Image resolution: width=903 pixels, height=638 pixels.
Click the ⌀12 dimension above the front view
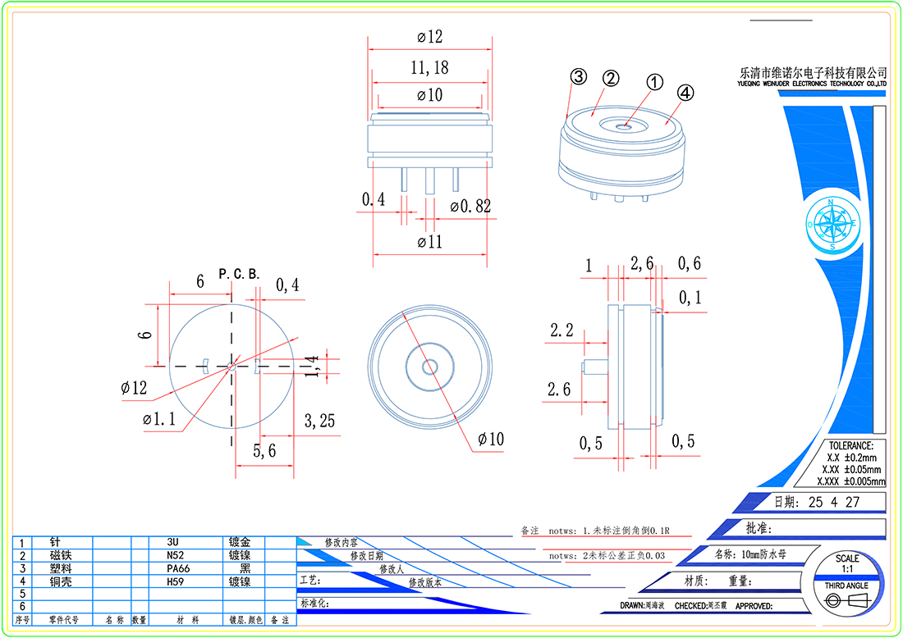(x=429, y=37)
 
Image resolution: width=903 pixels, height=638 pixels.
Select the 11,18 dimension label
(x=429, y=67)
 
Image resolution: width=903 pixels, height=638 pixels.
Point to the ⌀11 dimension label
(x=429, y=242)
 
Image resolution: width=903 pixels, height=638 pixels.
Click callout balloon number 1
(x=654, y=82)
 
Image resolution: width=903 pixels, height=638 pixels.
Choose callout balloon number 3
(x=578, y=77)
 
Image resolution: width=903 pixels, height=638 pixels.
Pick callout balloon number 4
(x=685, y=92)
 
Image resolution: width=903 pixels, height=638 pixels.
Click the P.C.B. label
(x=239, y=273)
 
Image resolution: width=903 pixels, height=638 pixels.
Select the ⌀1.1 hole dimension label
(x=158, y=419)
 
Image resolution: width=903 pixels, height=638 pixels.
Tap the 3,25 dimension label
(x=319, y=422)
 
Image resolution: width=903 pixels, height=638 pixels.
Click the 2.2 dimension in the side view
(x=562, y=330)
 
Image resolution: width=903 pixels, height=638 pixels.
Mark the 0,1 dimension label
(x=690, y=298)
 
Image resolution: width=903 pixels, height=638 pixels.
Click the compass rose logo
(x=832, y=222)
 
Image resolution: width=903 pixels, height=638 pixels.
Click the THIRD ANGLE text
(x=846, y=586)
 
